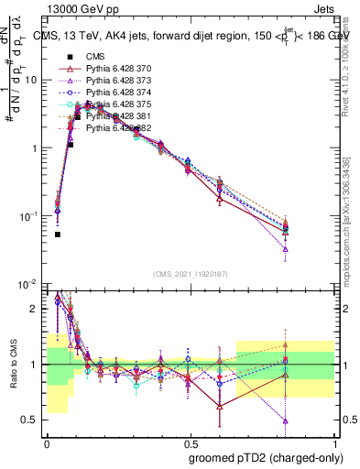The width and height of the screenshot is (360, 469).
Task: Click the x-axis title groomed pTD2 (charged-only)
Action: [265, 457]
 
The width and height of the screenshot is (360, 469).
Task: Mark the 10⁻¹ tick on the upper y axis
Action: [30, 216]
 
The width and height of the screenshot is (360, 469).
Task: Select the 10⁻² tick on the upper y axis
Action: [30, 284]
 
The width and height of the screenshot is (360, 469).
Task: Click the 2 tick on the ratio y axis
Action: [38, 309]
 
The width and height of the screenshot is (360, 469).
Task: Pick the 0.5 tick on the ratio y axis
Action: [34, 420]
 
